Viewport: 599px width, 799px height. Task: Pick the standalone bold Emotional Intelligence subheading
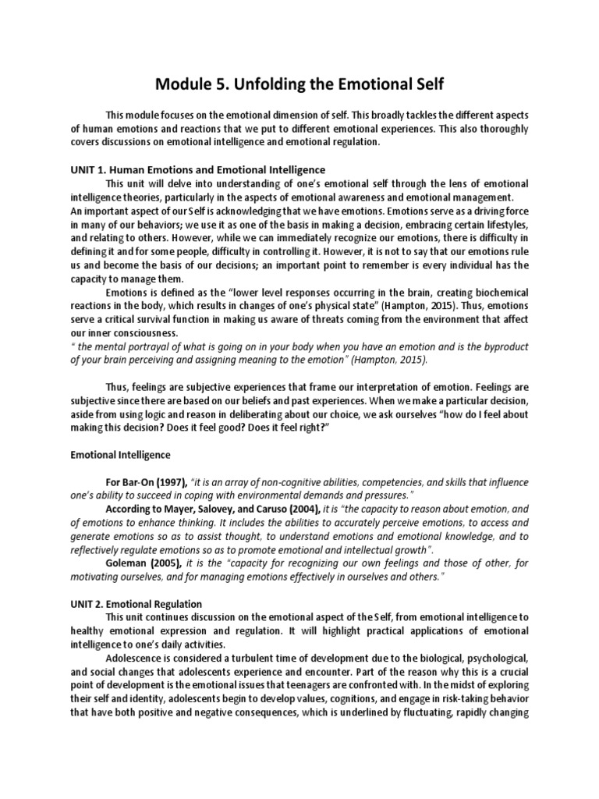[x=121, y=453]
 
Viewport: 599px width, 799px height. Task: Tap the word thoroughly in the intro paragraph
[x=501, y=129]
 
